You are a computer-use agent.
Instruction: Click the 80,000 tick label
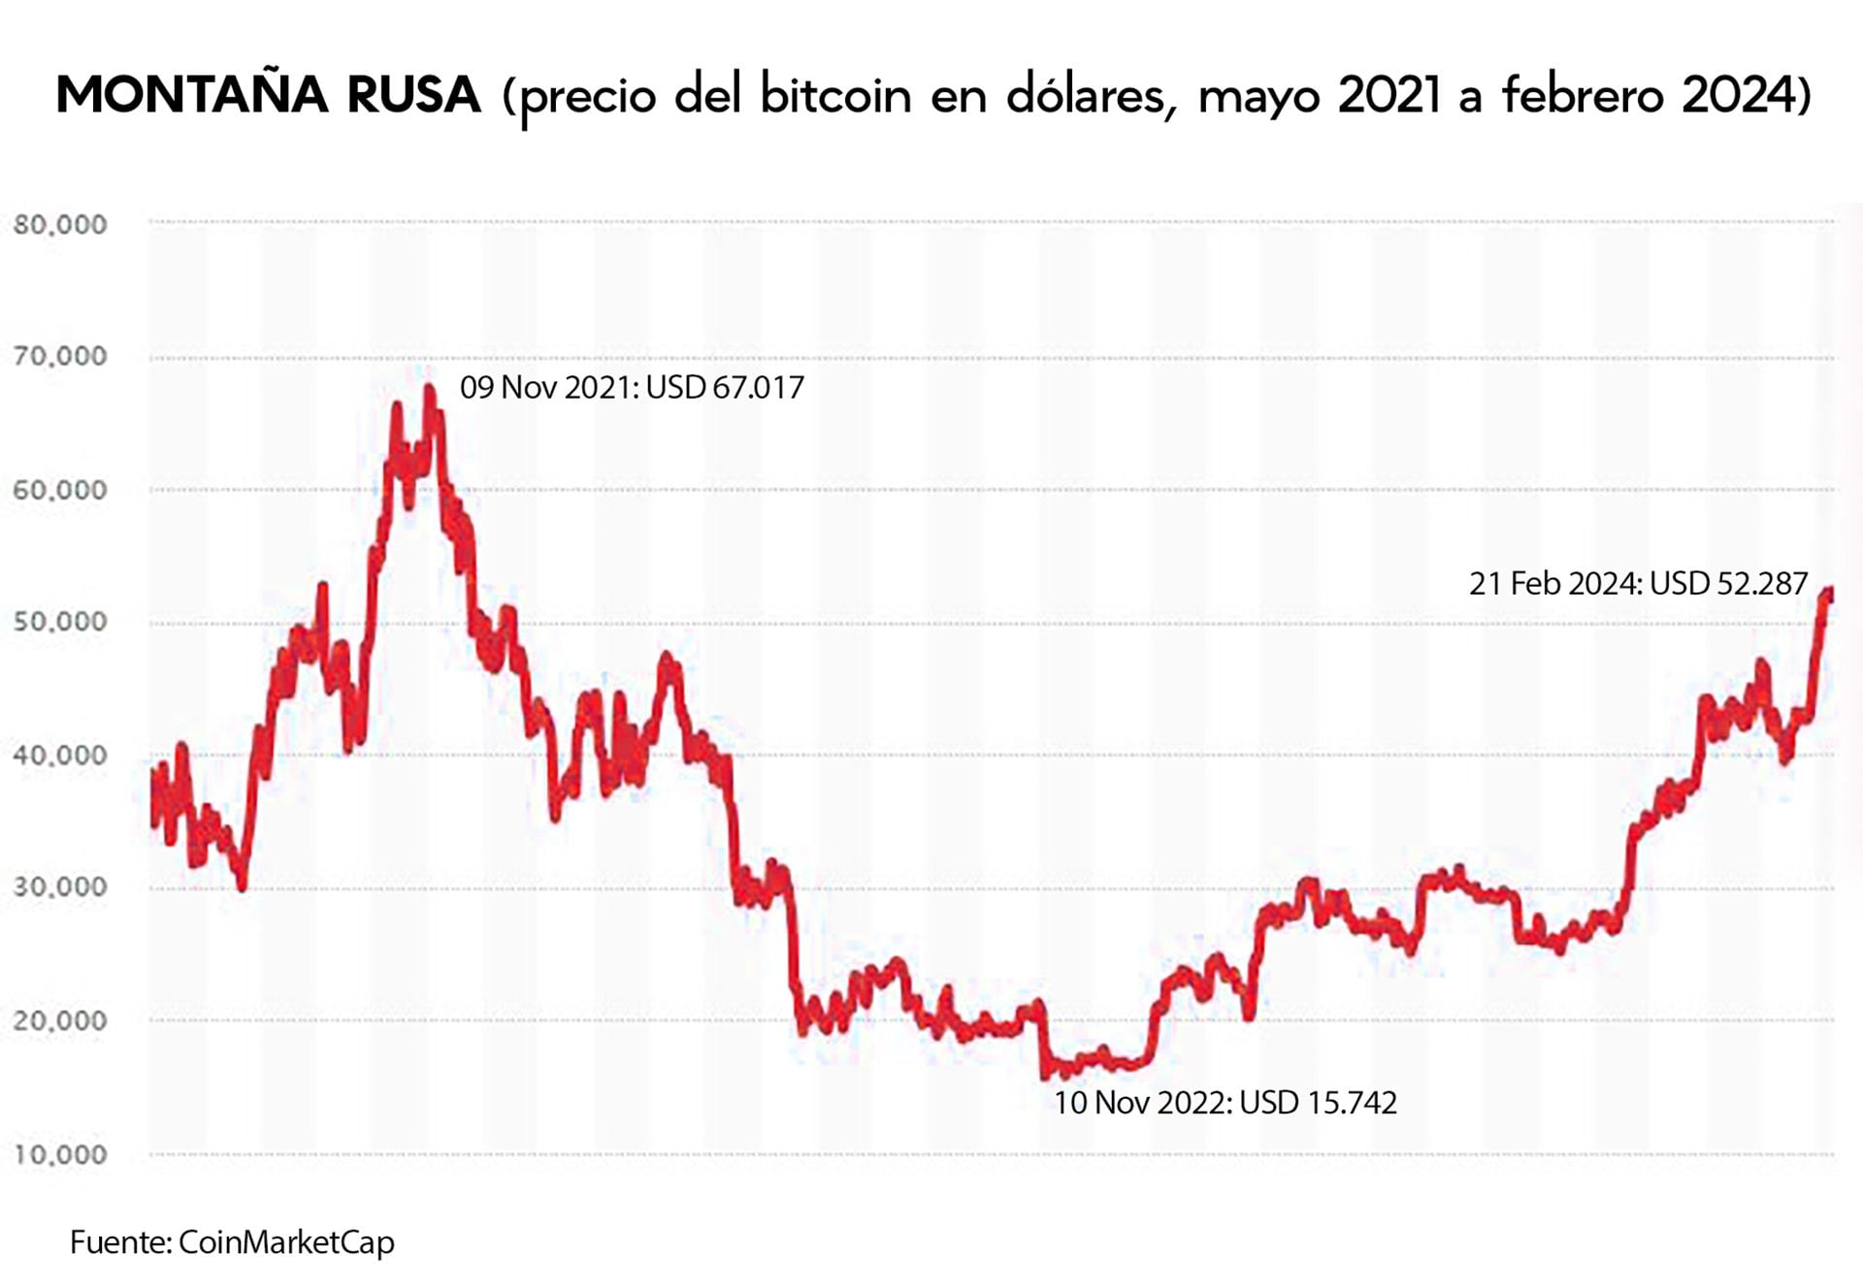tap(60, 225)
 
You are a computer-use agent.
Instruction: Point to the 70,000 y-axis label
tap(60, 357)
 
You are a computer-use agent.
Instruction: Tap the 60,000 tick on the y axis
tap(60, 490)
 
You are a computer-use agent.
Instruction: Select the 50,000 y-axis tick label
tap(60, 622)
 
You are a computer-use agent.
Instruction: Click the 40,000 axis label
tap(60, 755)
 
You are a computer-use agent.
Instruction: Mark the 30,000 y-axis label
tap(60, 887)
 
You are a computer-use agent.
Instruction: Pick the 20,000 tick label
tap(60, 1020)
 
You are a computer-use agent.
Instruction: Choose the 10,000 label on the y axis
tap(60, 1154)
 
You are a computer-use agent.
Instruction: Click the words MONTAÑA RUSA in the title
tap(269, 95)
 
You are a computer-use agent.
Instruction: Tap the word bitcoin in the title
tap(835, 95)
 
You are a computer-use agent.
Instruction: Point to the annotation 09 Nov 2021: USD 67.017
tap(632, 388)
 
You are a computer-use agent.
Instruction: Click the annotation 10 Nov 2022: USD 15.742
tap(1225, 1104)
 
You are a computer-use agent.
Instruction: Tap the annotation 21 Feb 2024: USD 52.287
tap(1638, 584)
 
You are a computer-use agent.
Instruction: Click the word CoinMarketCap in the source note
tap(286, 1242)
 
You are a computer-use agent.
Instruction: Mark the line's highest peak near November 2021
tap(429, 390)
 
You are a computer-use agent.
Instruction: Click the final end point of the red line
tap(1829, 593)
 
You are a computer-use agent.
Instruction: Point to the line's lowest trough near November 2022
tap(1047, 1075)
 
